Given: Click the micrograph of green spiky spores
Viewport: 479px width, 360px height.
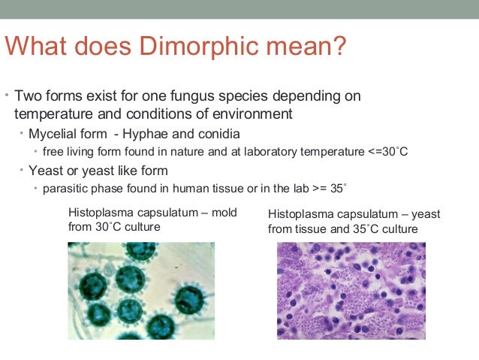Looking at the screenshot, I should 140,289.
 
